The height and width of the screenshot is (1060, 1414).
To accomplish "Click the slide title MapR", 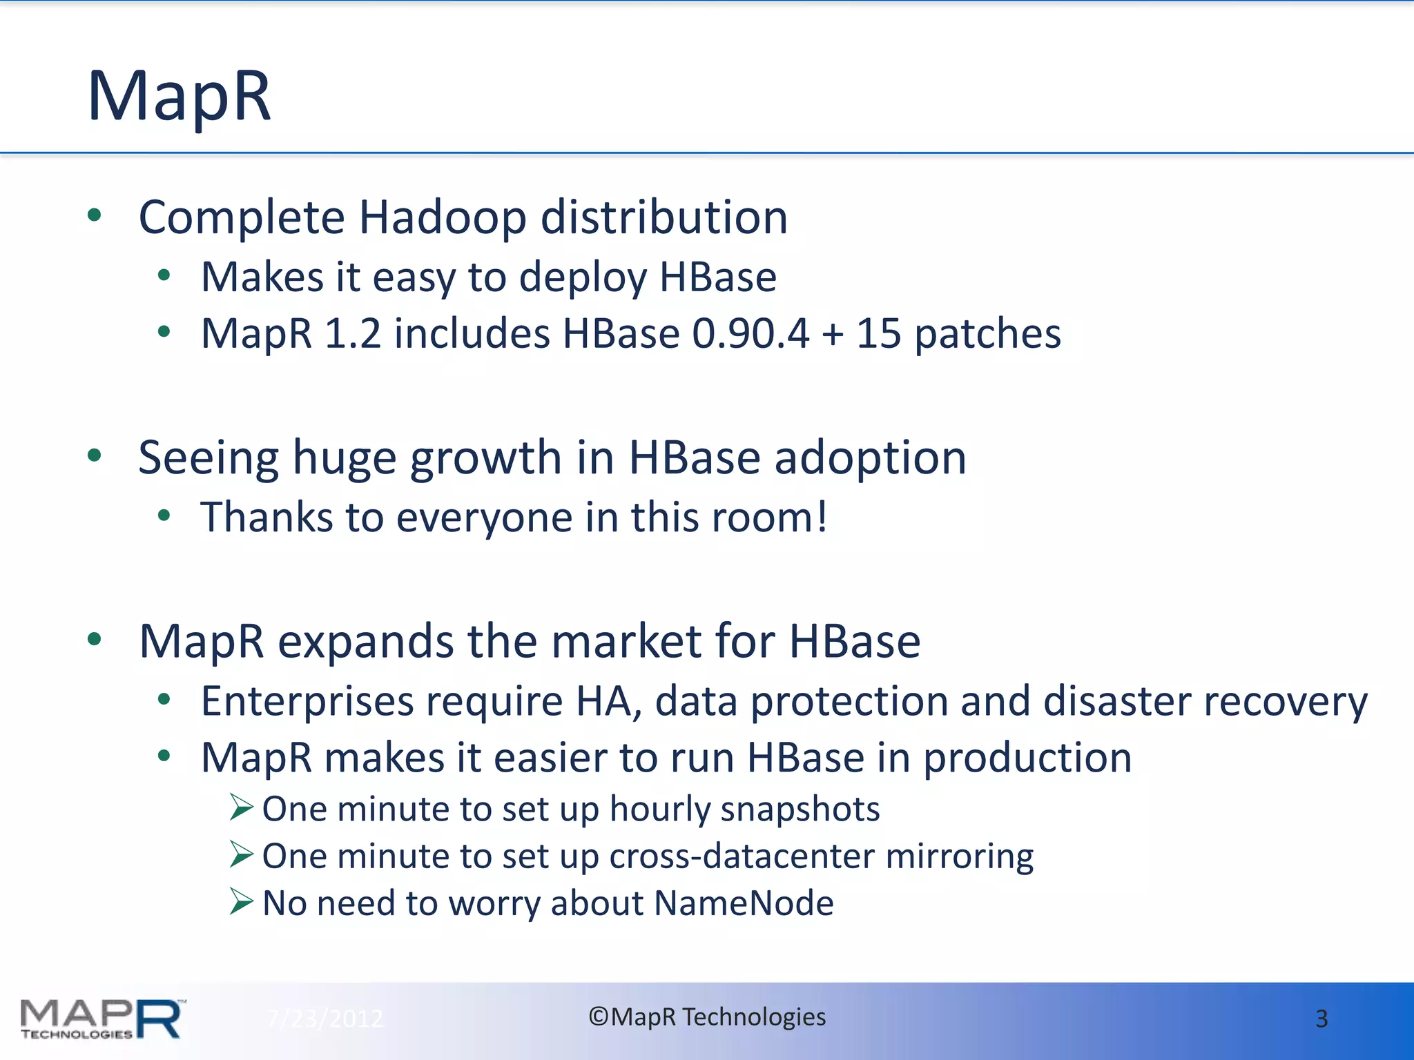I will pos(179,97).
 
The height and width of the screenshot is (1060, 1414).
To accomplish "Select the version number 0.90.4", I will pos(750,334).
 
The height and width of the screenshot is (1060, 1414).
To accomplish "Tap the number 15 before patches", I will pos(878,334).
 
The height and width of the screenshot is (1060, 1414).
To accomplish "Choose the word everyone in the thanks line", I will pos(484,518).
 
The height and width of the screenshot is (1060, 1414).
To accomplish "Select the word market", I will pos(626,642).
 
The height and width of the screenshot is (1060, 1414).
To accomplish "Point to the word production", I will pos(1027,759).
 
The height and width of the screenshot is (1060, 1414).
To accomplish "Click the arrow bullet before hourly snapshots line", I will pos(242,807).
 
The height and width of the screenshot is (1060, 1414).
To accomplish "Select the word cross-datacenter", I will pos(742,856).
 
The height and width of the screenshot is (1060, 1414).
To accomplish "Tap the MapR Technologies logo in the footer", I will pos(102,1019).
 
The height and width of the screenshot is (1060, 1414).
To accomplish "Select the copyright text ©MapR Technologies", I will pos(706,1017).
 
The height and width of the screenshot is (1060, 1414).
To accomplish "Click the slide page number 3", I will pos(1321,1019).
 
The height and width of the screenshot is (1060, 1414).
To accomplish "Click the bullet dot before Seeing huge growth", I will pos(95,455).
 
